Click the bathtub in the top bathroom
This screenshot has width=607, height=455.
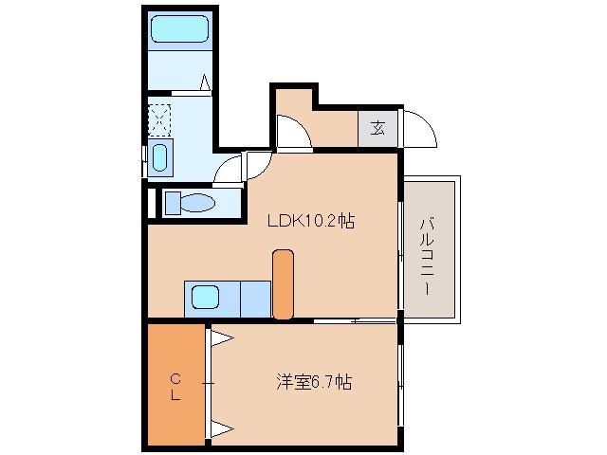click(x=179, y=30)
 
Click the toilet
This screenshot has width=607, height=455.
click(x=190, y=203)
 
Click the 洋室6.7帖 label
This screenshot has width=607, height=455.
click(x=314, y=383)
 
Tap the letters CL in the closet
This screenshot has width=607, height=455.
click(x=175, y=388)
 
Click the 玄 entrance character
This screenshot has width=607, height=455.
click(x=377, y=126)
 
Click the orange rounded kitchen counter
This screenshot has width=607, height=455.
click(x=283, y=283)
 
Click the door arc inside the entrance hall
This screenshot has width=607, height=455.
click(x=291, y=135)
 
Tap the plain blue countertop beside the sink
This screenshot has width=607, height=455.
click(x=254, y=299)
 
